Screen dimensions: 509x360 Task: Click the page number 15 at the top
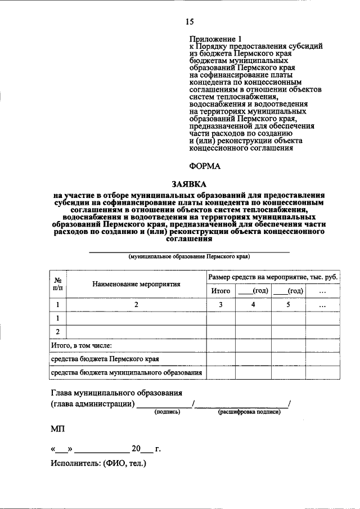(x=189, y=22)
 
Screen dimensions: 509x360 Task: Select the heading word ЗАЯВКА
(x=189, y=183)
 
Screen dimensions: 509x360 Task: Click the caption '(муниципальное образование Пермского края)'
(x=189, y=256)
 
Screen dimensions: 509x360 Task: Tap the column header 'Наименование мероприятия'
(x=136, y=284)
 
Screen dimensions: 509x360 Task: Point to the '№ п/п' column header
(x=57, y=284)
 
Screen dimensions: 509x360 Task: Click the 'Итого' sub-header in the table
(x=220, y=291)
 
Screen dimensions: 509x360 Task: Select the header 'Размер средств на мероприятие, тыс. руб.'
(x=273, y=277)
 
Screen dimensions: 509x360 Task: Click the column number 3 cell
(x=220, y=305)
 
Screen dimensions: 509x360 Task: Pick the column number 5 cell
(x=287, y=305)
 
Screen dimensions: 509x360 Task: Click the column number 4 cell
(x=253, y=305)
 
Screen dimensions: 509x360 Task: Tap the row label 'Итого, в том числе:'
(x=82, y=345)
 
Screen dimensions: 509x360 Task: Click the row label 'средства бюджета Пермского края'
(x=105, y=358)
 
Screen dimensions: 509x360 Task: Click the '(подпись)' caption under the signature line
(x=167, y=412)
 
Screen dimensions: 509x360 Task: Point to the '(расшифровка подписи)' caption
(x=249, y=412)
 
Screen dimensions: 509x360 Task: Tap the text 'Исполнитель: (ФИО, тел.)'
(x=98, y=464)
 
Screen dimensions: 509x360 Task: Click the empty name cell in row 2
(x=136, y=331)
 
